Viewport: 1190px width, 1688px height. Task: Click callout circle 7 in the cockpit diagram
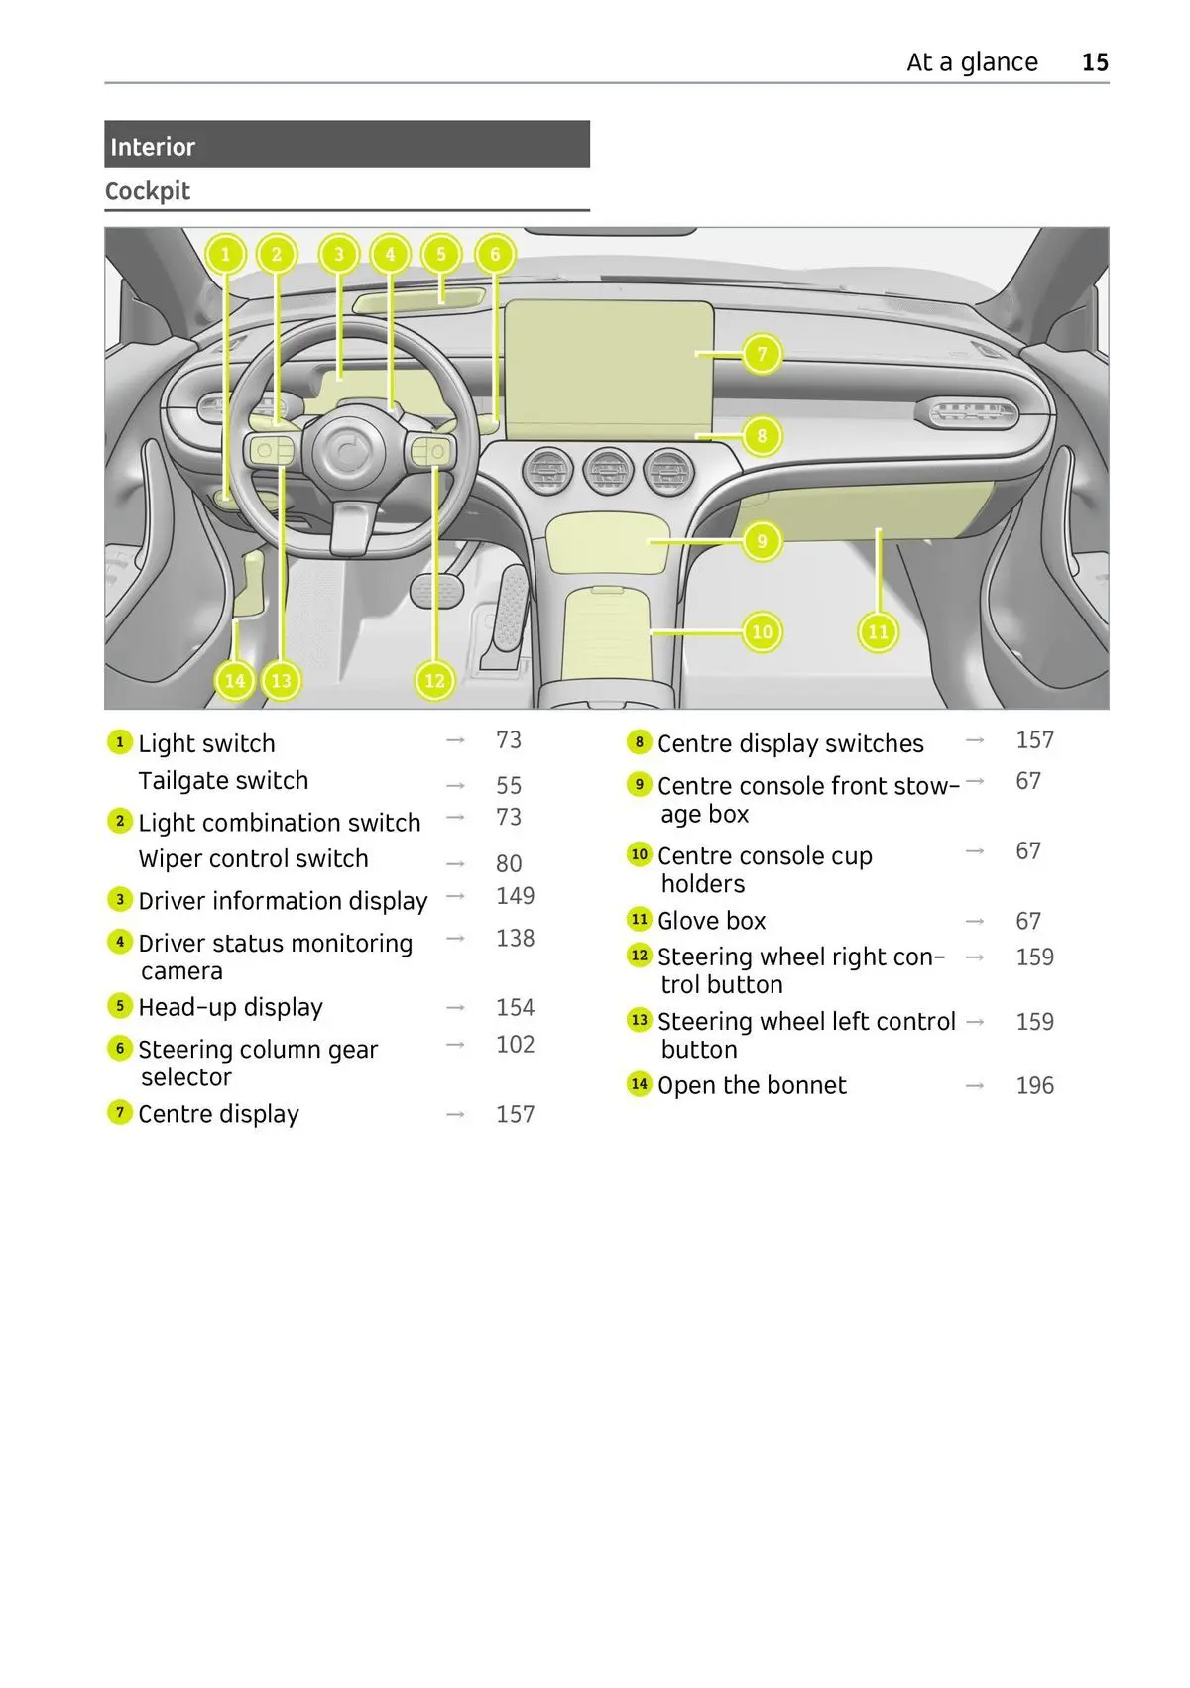(762, 354)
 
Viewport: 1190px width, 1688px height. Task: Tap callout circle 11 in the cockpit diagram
(878, 632)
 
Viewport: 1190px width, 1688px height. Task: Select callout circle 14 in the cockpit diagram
(235, 681)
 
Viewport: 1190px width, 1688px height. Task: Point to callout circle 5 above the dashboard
(441, 255)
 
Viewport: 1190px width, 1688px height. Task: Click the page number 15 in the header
(1095, 62)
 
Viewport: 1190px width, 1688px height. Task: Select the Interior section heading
(153, 147)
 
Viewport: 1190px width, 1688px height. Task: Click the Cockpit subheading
(148, 191)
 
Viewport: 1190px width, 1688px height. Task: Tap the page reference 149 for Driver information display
(515, 896)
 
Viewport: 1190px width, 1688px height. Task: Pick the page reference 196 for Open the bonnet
(1034, 1086)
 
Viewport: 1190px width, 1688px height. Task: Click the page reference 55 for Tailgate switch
(509, 786)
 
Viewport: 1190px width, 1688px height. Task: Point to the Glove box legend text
(711, 921)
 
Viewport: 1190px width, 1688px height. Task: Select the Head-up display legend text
(230, 1008)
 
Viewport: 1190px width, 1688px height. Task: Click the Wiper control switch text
(253, 859)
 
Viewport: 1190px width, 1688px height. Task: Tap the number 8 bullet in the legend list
(640, 742)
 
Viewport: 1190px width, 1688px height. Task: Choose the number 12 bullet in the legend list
(640, 956)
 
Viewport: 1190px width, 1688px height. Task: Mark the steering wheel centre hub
(348, 452)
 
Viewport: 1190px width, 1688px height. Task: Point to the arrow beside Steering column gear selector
(455, 1045)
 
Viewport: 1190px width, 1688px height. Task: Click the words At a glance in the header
(972, 62)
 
